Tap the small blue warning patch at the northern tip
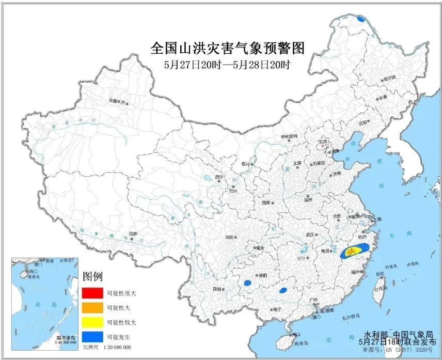(361, 20)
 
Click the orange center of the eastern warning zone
(351, 252)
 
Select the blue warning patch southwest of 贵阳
(247, 283)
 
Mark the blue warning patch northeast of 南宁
(282, 291)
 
